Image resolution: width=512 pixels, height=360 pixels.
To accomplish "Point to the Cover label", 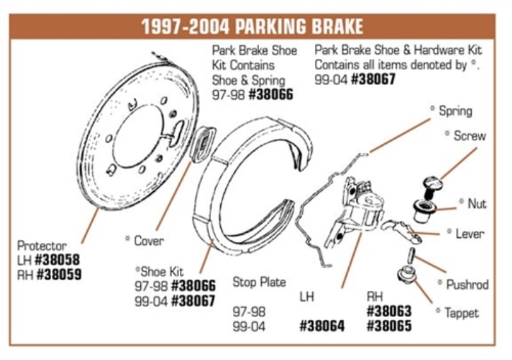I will pyautogui.click(x=148, y=240).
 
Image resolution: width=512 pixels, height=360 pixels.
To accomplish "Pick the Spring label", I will pyautogui.click(x=455, y=111).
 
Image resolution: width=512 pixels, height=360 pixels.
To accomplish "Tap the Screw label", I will pyautogui.click(x=469, y=136).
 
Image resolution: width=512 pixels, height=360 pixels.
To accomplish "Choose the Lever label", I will pyautogui.click(x=469, y=233).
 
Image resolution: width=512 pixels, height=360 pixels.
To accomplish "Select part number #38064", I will pyautogui.click(x=322, y=326).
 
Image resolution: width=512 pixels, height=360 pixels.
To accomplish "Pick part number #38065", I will pyautogui.click(x=389, y=326).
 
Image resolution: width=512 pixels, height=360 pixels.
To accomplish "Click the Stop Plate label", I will pyautogui.click(x=259, y=282).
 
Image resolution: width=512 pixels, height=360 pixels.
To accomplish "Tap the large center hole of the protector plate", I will pyautogui.click(x=138, y=137).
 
